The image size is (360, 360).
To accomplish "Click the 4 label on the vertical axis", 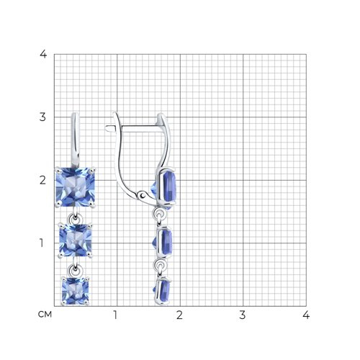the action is click(43, 55).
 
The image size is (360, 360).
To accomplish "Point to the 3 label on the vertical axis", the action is click(42, 117).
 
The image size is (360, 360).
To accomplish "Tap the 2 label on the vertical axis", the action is click(42, 180).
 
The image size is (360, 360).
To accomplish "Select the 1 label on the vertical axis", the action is click(42, 243).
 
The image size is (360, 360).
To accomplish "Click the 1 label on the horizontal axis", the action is click(115, 315).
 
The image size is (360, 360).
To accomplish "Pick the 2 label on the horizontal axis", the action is click(179, 315).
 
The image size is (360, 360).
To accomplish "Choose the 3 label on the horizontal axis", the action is click(243, 315).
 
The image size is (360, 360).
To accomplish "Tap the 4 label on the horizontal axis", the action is click(306, 315).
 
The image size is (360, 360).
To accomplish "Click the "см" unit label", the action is click(45, 314).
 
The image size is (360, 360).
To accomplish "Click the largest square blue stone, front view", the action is click(76, 187).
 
